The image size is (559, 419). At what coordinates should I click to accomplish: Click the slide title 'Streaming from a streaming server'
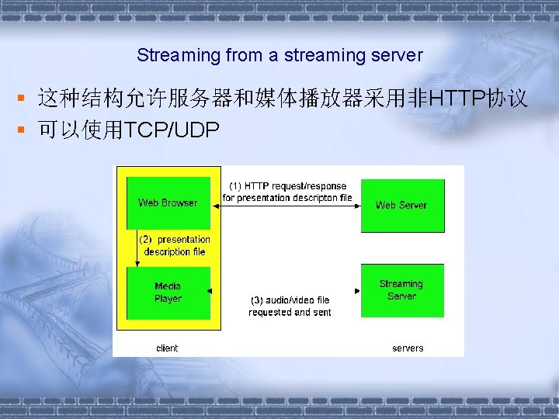(x=279, y=56)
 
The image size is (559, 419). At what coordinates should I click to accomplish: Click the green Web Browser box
(x=168, y=203)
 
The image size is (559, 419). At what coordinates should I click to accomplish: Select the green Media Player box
(x=168, y=293)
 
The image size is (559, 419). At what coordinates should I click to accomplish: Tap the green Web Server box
(x=401, y=205)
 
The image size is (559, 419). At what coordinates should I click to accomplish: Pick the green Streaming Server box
(x=401, y=290)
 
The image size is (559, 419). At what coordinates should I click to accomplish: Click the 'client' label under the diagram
(x=167, y=348)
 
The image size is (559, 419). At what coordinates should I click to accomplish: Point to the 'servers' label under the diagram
(x=408, y=348)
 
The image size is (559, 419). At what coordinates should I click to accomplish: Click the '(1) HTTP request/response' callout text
(x=287, y=186)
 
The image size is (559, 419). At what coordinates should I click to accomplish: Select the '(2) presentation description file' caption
(x=175, y=246)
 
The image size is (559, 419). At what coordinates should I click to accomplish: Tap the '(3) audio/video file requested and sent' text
(x=290, y=306)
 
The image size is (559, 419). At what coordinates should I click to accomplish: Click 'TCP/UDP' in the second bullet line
(x=172, y=131)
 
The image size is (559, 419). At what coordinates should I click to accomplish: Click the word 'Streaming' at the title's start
(x=168, y=56)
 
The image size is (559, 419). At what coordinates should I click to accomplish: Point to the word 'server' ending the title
(x=400, y=56)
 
